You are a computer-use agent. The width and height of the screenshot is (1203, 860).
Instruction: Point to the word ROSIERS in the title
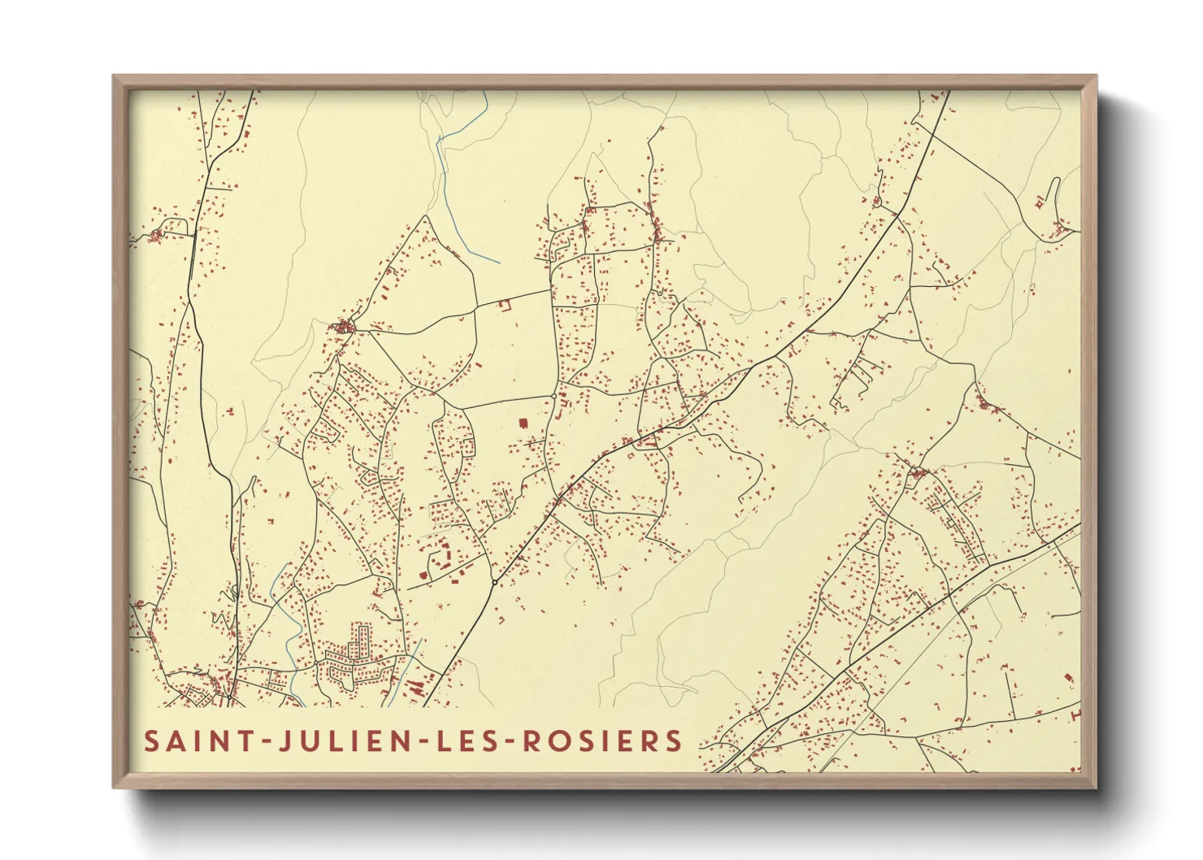[x=601, y=741]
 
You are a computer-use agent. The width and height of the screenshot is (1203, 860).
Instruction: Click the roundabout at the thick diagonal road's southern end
[x=494, y=582]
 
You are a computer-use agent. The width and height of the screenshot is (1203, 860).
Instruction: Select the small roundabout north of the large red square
[x=554, y=396]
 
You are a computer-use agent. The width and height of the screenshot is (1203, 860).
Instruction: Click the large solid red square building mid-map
[x=523, y=423]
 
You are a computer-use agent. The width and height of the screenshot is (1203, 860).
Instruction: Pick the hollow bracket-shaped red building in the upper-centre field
[x=504, y=305]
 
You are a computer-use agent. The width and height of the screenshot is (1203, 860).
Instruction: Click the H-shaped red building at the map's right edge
[x=1075, y=714]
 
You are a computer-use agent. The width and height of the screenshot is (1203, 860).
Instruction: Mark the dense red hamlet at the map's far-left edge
[x=155, y=236]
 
